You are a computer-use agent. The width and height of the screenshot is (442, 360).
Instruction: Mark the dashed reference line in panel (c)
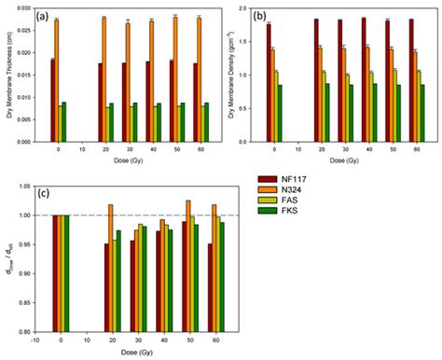[x=140, y=215]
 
